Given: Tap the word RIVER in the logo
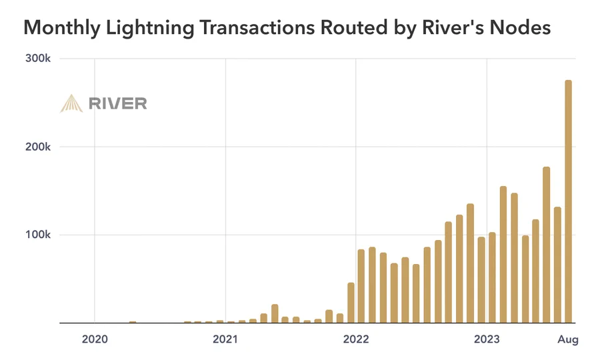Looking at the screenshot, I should pos(117,103).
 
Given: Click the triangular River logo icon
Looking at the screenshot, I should pos(71,103).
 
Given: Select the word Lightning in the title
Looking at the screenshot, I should pos(143,28).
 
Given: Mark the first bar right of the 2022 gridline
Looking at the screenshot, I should pos(361,286).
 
